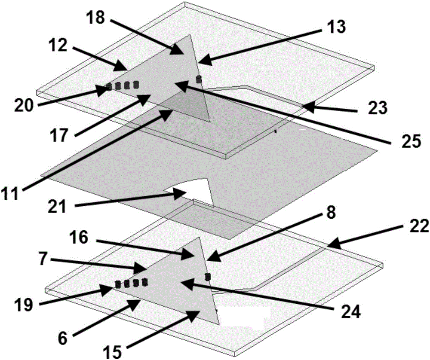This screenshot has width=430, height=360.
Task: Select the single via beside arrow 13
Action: tap(199, 79)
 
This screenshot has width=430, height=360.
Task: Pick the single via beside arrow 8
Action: tap(207, 276)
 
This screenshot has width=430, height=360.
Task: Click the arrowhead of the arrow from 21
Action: tap(180, 195)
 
